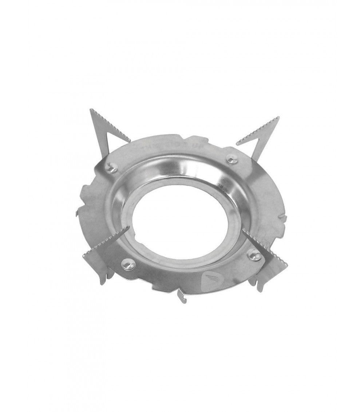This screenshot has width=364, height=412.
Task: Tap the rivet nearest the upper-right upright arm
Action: coord(232,159)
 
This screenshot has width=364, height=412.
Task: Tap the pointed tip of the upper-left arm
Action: coord(90,109)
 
